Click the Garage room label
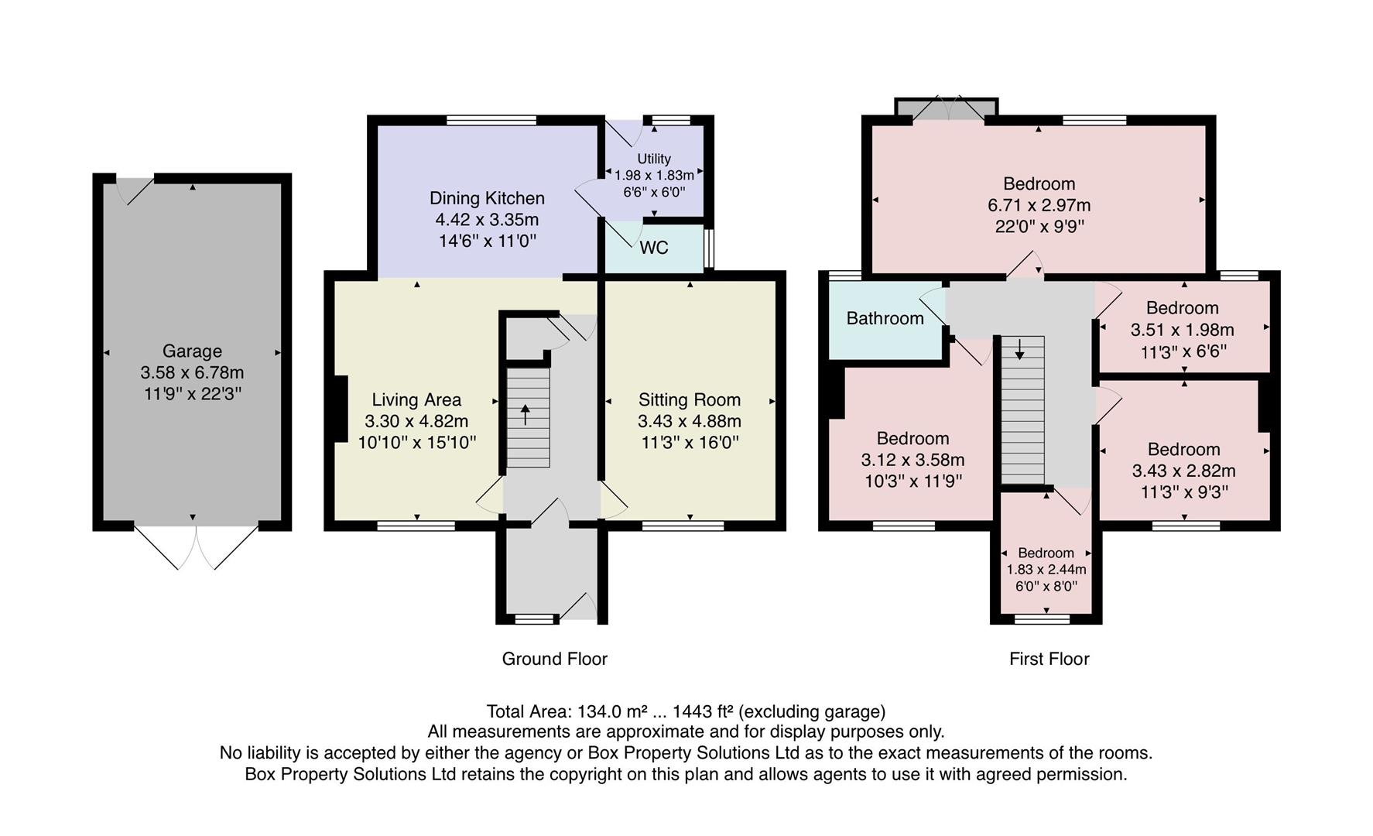click(192, 351)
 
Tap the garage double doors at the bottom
click(196, 547)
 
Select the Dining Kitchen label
click(487, 198)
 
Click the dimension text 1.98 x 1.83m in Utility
click(654, 176)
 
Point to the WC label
click(654, 248)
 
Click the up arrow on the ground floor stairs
click(526, 414)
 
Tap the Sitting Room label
click(689, 399)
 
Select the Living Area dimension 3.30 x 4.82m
click(416, 421)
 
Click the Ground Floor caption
click(554, 659)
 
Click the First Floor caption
click(1049, 659)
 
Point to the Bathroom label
click(885, 318)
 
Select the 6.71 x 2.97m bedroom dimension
click(1039, 205)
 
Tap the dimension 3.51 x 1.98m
click(1182, 330)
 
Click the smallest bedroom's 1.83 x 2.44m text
click(1046, 570)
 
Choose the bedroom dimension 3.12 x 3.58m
click(912, 460)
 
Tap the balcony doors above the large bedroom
click(950, 109)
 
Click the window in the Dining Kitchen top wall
click(491, 120)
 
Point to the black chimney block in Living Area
click(340, 408)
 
